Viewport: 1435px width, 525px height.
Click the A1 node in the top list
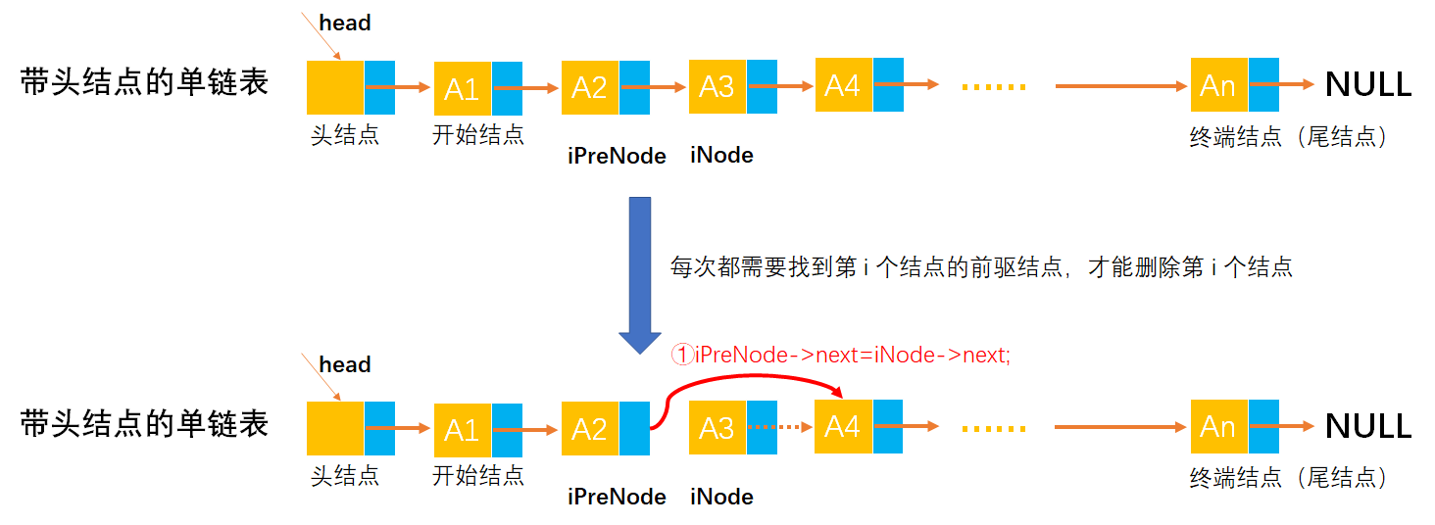(463, 89)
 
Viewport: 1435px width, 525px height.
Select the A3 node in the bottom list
(717, 429)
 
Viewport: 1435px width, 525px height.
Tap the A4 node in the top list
(843, 85)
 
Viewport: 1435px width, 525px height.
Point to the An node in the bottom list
(1218, 427)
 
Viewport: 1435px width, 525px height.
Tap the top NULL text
(1368, 85)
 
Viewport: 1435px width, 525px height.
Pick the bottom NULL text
(1368, 426)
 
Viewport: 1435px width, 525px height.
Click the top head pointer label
(345, 23)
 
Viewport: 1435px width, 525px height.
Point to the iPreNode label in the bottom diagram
(617, 497)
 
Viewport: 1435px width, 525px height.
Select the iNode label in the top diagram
(721, 155)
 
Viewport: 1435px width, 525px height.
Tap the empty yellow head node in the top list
(335, 88)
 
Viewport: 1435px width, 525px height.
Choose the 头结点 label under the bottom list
(345, 476)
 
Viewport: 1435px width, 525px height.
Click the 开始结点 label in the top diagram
(478, 135)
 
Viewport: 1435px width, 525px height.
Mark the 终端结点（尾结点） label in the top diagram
(1289, 137)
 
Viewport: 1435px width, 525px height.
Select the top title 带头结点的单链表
(144, 83)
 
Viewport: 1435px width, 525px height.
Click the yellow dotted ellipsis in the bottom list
(993, 428)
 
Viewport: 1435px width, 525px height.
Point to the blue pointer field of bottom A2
(634, 429)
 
